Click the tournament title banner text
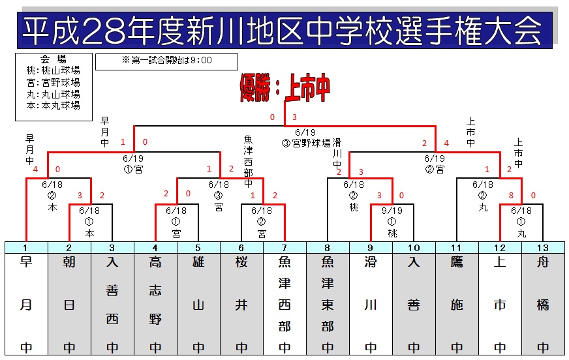click(x=282, y=30)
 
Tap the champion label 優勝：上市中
click(x=285, y=88)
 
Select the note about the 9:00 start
click(x=167, y=60)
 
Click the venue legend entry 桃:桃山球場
click(x=53, y=70)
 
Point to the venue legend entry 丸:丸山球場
click(x=53, y=95)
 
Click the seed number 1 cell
click(x=27, y=248)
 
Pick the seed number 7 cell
click(x=285, y=248)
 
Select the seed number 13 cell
click(x=544, y=248)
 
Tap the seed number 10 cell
click(x=414, y=248)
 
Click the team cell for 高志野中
click(x=156, y=304)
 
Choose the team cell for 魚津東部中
click(x=328, y=304)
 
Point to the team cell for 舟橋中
click(x=544, y=304)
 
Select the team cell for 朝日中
click(x=69, y=304)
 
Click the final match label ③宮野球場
click(x=306, y=143)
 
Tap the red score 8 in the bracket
click(x=511, y=196)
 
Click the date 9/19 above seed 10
click(x=392, y=211)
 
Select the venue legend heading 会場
click(x=53, y=59)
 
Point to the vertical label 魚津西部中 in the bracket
click(x=248, y=161)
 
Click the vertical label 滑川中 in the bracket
click(x=337, y=153)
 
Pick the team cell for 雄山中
click(x=198, y=304)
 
